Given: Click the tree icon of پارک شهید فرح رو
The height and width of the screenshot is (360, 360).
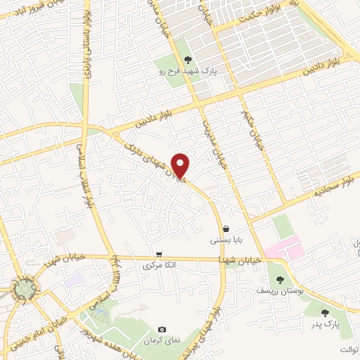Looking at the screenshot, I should (x=188, y=60).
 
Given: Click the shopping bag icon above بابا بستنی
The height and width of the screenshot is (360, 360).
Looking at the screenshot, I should (x=226, y=229).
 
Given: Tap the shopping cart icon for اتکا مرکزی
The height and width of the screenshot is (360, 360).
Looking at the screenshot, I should (x=160, y=254).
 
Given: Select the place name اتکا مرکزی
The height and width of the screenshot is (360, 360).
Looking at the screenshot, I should (x=158, y=266).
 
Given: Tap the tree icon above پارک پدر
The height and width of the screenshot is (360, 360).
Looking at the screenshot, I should (x=324, y=313).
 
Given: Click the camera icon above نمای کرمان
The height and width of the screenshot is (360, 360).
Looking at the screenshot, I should (x=162, y=329).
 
